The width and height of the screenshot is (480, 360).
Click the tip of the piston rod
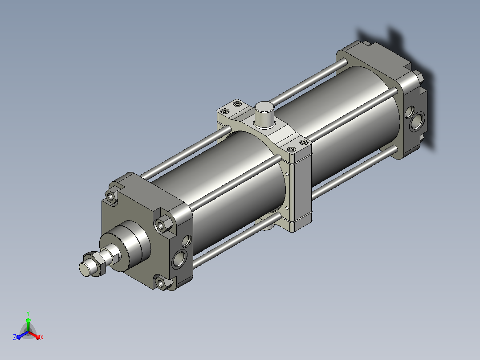[x=84, y=269]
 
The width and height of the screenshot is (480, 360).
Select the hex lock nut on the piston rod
[x=95, y=264]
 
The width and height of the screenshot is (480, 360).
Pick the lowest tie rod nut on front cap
[x=161, y=283]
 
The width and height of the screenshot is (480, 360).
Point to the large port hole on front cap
[x=179, y=258]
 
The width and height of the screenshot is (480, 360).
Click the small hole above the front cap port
[x=187, y=241]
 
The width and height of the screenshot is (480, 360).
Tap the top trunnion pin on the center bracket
[x=264, y=115]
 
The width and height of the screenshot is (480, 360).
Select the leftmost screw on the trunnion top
[x=225, y=111]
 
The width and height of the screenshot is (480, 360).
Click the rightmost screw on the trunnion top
[x=304, y=143]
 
